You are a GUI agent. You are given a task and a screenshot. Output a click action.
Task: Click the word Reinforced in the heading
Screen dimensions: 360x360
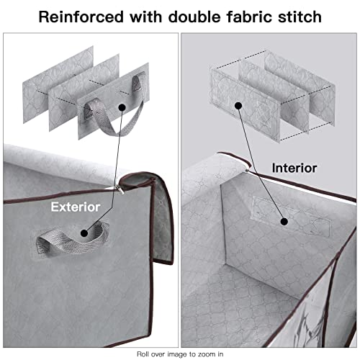click(81, 17)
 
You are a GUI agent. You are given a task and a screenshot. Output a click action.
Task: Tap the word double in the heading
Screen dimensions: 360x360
click(194, 17)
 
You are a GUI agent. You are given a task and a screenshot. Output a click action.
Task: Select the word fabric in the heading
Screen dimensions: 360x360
click(250, 17)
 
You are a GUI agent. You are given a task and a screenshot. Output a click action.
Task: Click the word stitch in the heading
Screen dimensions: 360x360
click(300, 17)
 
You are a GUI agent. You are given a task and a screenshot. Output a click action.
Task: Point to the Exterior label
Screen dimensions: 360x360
click(76, 207)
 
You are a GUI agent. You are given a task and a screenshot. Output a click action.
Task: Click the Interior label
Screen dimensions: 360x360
click(294, 168)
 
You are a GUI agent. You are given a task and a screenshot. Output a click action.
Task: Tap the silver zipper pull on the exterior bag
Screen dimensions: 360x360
click(121, 190)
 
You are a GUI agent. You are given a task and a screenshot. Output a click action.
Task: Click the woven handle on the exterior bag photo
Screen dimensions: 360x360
click(72, 240)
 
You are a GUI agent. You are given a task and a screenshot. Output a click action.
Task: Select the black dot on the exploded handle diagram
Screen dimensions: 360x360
click(122, 107)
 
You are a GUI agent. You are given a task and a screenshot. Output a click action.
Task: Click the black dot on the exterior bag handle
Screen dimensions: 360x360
click(84, 233)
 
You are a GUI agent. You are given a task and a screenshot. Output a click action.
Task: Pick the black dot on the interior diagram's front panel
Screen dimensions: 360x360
click(238, 106)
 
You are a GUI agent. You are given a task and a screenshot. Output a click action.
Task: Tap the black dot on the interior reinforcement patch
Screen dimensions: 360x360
click(284, 222)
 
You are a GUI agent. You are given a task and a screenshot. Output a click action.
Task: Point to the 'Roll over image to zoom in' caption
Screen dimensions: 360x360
click(180, 354)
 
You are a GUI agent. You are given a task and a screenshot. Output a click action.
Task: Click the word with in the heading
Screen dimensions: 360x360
click(145, 17)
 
